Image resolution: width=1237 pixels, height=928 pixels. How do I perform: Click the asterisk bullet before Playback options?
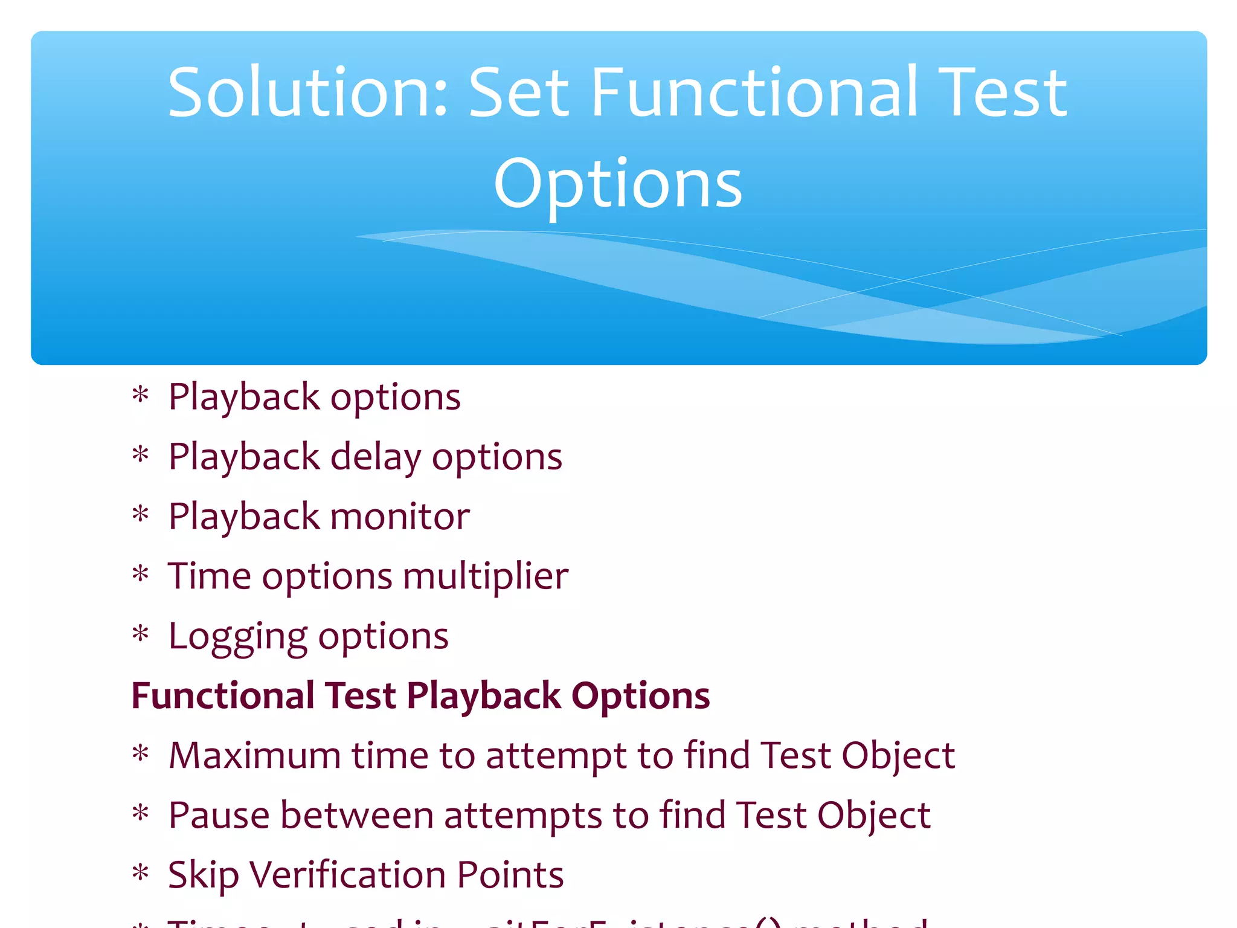140,396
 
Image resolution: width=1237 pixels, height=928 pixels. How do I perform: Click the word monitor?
400,517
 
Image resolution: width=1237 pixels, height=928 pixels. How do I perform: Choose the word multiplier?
486,576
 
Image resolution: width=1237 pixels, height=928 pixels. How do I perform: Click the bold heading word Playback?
484,695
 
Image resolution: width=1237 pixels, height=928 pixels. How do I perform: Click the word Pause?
219,815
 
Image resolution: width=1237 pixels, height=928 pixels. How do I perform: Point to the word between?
357,815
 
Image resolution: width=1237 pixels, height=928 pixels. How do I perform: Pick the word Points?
510,875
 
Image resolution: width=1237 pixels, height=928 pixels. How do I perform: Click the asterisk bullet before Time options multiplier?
140,575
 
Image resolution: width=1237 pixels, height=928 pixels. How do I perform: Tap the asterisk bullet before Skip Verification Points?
140,874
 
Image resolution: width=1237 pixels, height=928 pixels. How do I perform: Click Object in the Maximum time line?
898,755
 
